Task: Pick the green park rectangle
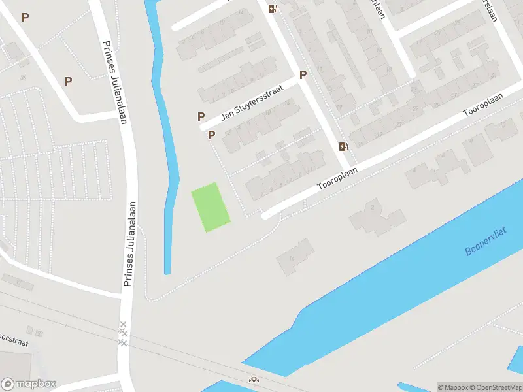pyautogui.click(x=210, y=206)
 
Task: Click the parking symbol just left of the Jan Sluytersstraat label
pyautogui.click(x=201, y=116)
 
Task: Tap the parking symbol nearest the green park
pyautogui.click(x=211, y=135)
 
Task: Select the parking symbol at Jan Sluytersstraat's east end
pyautogui.click(x=303, y=74)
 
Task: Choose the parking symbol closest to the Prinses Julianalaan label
pyautogui.click(x=68, y=81)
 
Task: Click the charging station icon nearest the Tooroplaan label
pyautogui.click(x=343, y=146)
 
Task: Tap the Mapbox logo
pyautogui.click(x=28, y=384)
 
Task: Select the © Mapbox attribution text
pyautogui.click(x=453, y=387)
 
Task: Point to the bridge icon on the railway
pyautogui.click(x=253, y=379)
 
